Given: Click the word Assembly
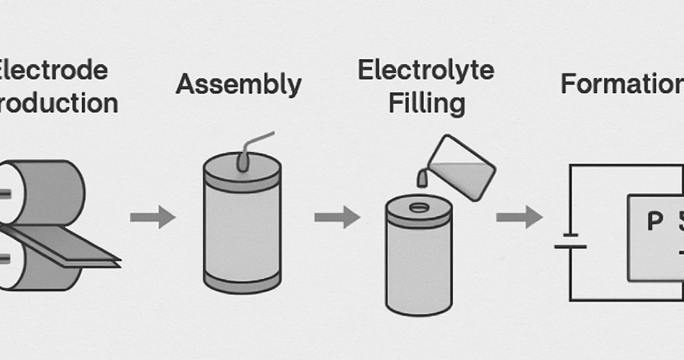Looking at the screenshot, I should click(x=238, y=84).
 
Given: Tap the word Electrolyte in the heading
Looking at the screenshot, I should click(x=426, y=71).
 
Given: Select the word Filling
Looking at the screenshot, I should click(x=426, y=103).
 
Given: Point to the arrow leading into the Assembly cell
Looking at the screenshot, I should click(x=152, y=217).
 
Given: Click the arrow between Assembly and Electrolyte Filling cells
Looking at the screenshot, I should click(x=336, y=217).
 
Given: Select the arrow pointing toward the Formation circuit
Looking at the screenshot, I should click(x=518, y=217).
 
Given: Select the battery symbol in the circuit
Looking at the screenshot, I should click(x=570, y=240).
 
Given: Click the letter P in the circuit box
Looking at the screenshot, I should click(x=654, y=222).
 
